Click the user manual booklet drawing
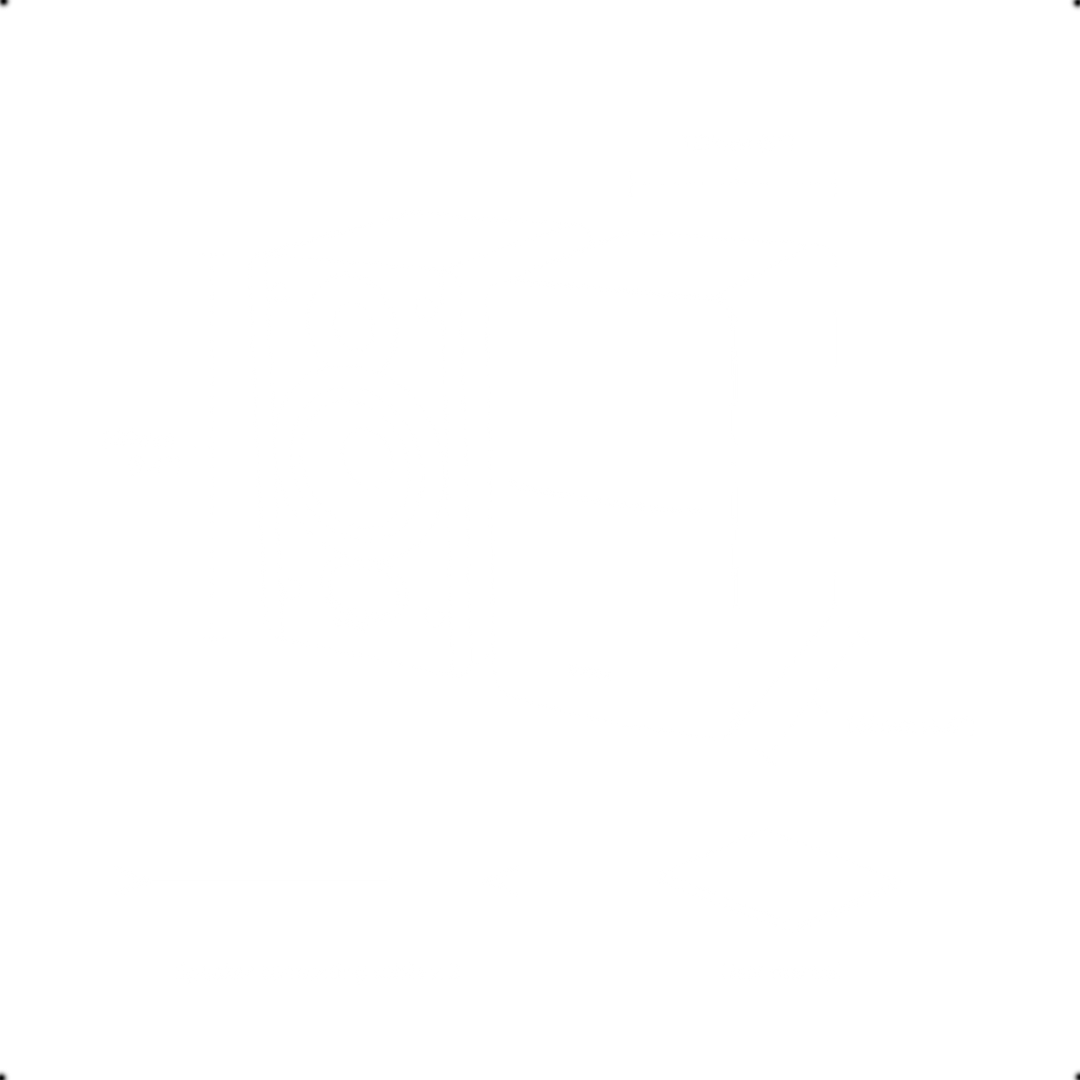coord(779,879)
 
